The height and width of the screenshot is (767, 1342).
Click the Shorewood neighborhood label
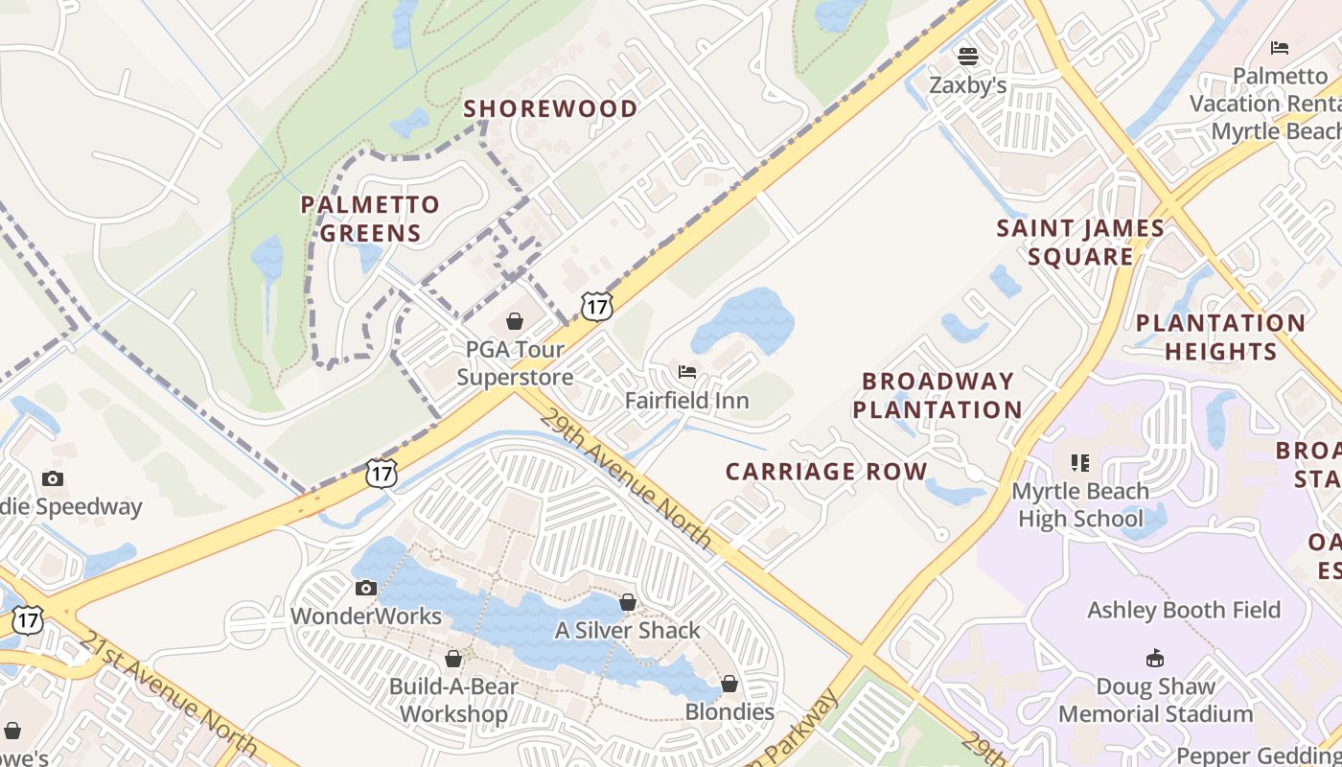pos(550,108)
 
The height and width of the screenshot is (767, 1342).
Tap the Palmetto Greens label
pos(370,219)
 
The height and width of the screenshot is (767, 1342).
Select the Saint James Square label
pos(1080,243)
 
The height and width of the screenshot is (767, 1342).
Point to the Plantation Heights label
pos(1220,337)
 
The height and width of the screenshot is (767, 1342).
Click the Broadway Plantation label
pos(937,395)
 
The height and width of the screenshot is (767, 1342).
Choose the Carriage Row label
pos(826,472)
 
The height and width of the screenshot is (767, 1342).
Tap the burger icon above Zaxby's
pos(968,57)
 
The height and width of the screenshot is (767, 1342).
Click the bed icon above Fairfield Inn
pos(686,372)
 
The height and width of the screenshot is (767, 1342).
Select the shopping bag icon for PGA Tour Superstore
pos(515,321)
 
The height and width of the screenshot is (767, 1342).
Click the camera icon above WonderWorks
pos(365,588)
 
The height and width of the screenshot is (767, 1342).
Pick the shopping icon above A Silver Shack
pos(628,602)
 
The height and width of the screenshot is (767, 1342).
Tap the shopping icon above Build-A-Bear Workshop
pos(453,659)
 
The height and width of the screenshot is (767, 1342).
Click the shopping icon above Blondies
pos(729,684)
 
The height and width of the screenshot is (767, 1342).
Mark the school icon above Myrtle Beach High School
pos(1080,463)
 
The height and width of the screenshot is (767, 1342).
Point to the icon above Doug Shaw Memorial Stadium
pos(1155,659)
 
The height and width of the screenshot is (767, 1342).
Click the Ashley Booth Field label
pos(1183,610)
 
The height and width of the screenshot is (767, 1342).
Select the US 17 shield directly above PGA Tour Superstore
pos(596,307)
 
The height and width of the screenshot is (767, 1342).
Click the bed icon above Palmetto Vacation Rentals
pos(1279,48)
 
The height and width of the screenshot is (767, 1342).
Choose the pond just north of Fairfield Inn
pos(743,320)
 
